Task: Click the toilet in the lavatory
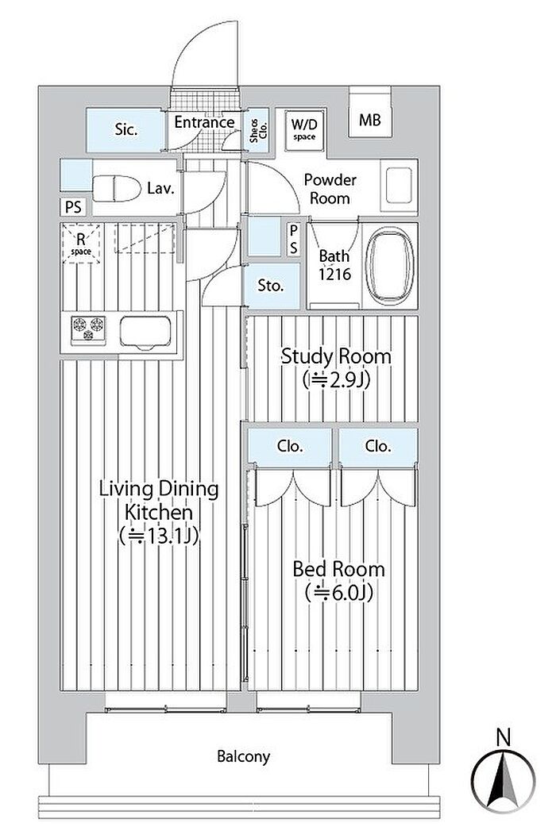117,188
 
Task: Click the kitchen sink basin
145,333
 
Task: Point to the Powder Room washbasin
399,186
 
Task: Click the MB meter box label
370,120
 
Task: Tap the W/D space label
304,129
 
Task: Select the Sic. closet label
126,129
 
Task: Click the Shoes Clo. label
258,130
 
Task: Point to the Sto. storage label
271,286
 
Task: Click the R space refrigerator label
81,244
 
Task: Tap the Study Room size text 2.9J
336,380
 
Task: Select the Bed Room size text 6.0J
338,592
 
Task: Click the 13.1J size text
159,535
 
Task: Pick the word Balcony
244,756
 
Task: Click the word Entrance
204,122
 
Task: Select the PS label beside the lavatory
73,206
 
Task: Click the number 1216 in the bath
335,274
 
